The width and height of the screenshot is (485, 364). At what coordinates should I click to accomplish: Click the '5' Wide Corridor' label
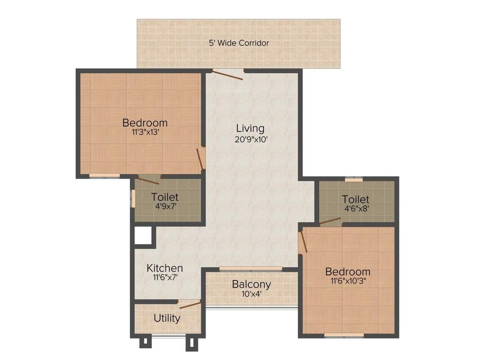tap(239, 43)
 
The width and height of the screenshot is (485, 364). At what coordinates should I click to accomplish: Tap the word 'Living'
tap(250, 128)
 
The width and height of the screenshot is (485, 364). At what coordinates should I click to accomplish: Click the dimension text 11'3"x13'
tap(144, 133)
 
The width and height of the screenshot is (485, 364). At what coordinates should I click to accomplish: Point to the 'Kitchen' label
tap(164, 268)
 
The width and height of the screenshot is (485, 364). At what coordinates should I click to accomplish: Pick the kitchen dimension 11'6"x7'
tap(164, 279)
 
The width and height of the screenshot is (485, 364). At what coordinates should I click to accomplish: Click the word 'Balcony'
tap(251, 284)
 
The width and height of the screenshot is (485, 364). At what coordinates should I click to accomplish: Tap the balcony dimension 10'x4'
tap(251, 294)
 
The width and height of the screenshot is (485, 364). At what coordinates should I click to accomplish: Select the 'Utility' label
tap(167, 318)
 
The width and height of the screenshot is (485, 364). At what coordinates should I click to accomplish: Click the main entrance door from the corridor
tap(228, 74)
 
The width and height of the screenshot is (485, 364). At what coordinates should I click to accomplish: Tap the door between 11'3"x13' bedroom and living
tap(201, 158)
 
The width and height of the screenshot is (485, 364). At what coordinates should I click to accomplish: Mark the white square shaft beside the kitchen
tap(144, 236)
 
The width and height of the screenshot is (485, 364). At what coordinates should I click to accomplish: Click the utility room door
tap(190, 304)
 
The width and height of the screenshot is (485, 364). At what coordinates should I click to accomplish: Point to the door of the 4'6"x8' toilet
tap(329, 221)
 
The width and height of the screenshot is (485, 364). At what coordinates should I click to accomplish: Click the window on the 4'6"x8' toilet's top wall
tap(353, 179)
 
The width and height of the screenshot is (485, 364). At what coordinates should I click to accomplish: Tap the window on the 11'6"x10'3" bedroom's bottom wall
tap(344, 336)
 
